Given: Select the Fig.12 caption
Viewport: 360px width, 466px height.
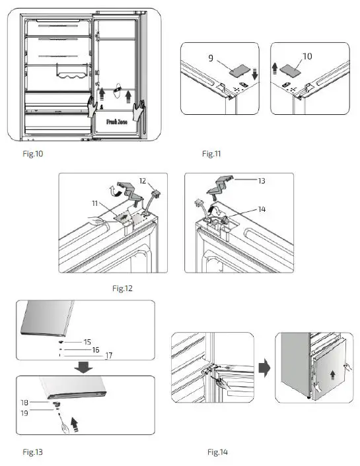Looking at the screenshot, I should click(124, 288).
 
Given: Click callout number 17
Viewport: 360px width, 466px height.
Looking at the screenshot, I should click(110, 355).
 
